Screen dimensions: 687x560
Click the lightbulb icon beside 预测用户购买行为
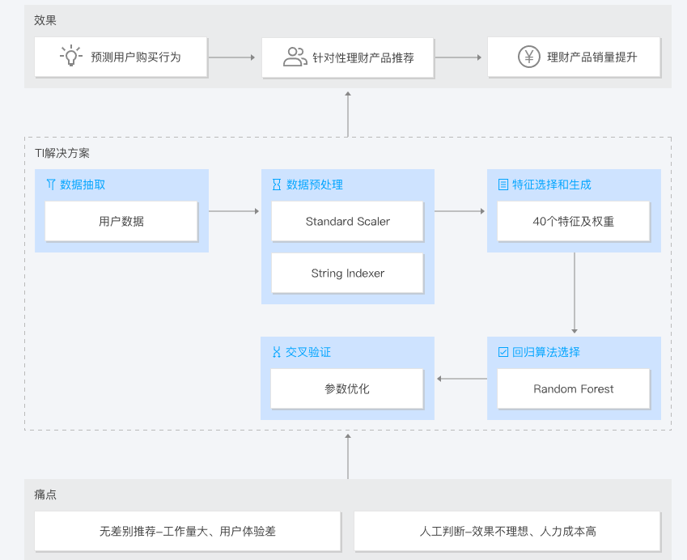[71, 56]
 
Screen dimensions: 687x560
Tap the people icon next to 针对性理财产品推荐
[295, 57]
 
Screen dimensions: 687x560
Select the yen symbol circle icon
[529, 57]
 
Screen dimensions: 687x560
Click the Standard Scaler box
[347, 221]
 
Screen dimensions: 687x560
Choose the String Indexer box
[347, 273]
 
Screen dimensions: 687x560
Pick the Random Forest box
[574, 388]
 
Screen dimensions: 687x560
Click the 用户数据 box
[121, 221]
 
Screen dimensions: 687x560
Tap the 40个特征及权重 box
[574, 221]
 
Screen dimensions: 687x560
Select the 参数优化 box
[347, 388]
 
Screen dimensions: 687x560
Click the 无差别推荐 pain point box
[188, 531]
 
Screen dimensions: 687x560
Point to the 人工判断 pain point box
[507, 531]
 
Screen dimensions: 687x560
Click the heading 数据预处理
[315, 185]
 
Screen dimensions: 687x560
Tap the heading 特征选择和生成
[552, 185]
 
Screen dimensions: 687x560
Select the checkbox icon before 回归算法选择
[503, 352]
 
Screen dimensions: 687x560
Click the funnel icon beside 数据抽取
[51, 184]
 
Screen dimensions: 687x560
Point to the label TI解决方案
[62, 153]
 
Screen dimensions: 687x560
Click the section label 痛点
[45, 494]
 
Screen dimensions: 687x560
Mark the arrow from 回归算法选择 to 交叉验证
[462, 379]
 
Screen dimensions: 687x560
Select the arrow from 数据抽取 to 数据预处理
[234, 211]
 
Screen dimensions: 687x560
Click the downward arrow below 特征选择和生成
[575, 293]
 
